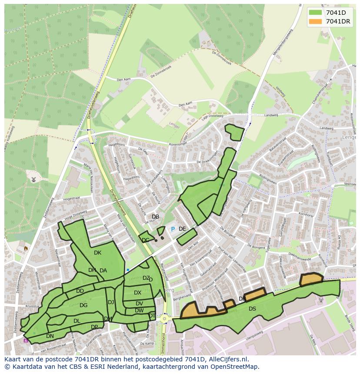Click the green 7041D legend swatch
316,13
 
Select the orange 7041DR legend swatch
316,21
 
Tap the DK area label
97,253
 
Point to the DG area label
83,305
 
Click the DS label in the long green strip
252,309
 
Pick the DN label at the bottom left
50,336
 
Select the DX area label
137,293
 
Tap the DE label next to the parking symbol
182,229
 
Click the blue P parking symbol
173,229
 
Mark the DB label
155,217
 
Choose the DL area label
77,321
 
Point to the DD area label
80,291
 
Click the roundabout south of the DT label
165,319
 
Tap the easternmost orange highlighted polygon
311,279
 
